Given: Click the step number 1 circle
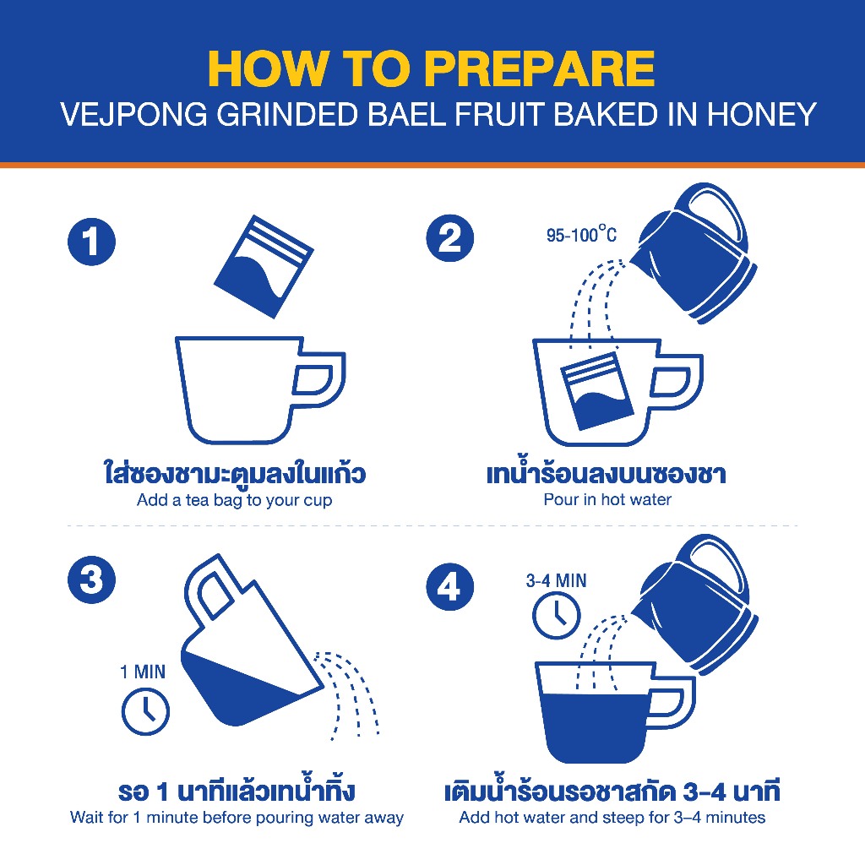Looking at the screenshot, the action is pos(91,242).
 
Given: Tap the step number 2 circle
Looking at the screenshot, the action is pos(449,237).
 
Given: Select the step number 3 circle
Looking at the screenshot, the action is pos(91,579).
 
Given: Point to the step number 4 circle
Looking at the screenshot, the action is pos(449,586).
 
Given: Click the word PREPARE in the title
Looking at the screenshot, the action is pos(539,69).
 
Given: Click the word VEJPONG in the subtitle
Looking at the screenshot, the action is pos(133,115).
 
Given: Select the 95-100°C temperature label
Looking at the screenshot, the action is pos(581,235).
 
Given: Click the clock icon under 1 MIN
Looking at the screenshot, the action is pos(145,710).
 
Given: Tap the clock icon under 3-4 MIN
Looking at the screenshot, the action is pos(556,615).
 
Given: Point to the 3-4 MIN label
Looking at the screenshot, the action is pos(556,580).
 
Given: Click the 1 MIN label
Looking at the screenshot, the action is pos(142,672).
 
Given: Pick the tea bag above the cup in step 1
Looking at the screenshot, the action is pos(264,266).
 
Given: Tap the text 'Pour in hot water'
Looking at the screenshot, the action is pos(607,500).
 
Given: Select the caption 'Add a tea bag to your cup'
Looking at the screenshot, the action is pos(235,500).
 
